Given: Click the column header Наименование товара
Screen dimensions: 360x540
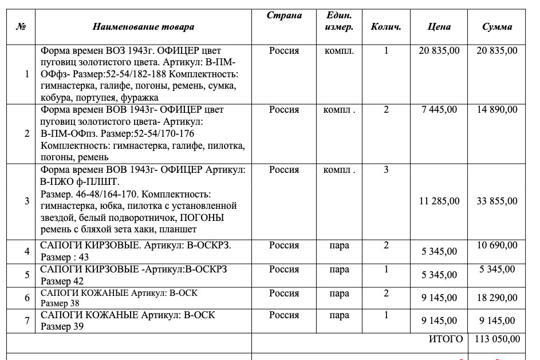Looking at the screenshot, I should point(143,26).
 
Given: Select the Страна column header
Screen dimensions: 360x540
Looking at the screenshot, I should point(284,15).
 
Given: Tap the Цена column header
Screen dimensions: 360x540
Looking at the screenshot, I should point(439,26).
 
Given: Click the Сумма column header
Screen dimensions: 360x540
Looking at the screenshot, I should point(496,26).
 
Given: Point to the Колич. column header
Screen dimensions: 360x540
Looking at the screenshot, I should point(386,26).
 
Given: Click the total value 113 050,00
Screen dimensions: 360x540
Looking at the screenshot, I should point(497,339).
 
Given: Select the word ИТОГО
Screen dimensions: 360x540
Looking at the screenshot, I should point(446,339).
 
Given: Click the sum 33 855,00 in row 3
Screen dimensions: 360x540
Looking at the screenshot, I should point(497,201).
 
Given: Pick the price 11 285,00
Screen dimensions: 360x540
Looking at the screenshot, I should point(439,201).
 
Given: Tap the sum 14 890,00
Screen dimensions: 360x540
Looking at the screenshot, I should point(497,109).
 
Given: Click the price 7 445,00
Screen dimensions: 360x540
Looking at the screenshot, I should point(439,109).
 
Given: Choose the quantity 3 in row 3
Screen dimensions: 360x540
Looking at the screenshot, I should point(386,170).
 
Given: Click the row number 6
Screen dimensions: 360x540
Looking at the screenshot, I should point(27,298).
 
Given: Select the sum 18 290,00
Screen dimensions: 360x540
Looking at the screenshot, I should point(497,298).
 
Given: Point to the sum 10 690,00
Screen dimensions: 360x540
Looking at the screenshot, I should point(497,246).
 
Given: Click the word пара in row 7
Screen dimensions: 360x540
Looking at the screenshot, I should point(340,315).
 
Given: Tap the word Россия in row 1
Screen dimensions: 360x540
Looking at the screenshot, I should point(284,50).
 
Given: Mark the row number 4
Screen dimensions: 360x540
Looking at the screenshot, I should point(27,251).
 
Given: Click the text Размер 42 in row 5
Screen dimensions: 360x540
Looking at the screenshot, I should point(62,281).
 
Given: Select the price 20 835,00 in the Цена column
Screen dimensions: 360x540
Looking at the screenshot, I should point(439,50).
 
